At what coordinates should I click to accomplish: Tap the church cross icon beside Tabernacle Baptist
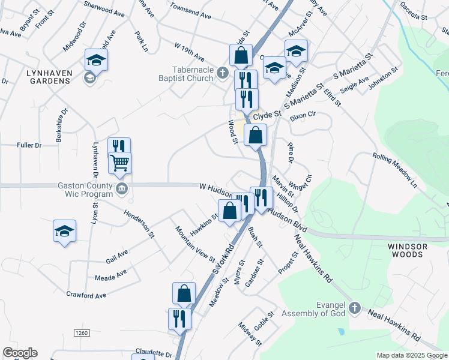tap(222, 73)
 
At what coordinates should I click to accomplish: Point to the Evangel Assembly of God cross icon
tap(354, 308)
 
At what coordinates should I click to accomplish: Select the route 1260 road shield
tap(82, 332)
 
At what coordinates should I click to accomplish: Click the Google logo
tap(20, 353)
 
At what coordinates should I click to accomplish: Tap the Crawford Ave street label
tap(86, 295)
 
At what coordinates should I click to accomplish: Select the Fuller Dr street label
tap(29, 145)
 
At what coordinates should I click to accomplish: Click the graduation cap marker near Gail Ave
tap(65, 232)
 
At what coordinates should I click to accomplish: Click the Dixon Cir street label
tap(303, 114)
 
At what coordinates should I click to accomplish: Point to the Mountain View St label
tap(195, 243)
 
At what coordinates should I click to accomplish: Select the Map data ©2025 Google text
tap(411, 355)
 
